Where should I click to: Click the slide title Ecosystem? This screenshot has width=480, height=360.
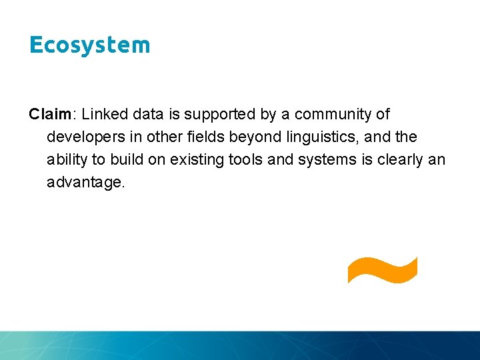pyautogui.click(x=90, y=45)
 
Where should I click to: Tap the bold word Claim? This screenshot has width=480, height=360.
pyautogui.click(x=49, y=115)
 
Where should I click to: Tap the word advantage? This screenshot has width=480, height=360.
pyautogui.click(x=85, y=183)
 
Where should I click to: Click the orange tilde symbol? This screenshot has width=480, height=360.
pyautogui.click(x=382, y=270)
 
